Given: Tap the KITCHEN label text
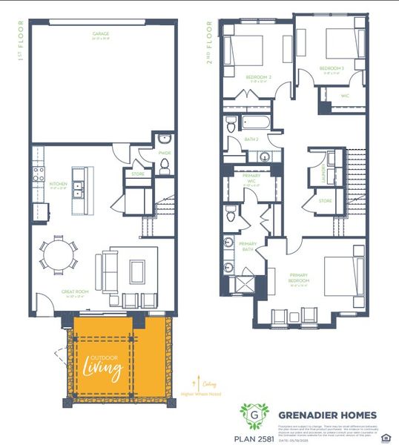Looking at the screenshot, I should tap(59, 183).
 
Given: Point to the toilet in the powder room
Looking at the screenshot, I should tap(164, 166).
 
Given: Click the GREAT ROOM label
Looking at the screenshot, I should tap(76, 292).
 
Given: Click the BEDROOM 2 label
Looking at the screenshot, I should tap(257, 76).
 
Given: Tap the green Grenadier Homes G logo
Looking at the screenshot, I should tap(253, 415).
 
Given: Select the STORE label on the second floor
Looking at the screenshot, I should tap(325, 200).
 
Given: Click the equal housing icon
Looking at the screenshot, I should tap(383, 436).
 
